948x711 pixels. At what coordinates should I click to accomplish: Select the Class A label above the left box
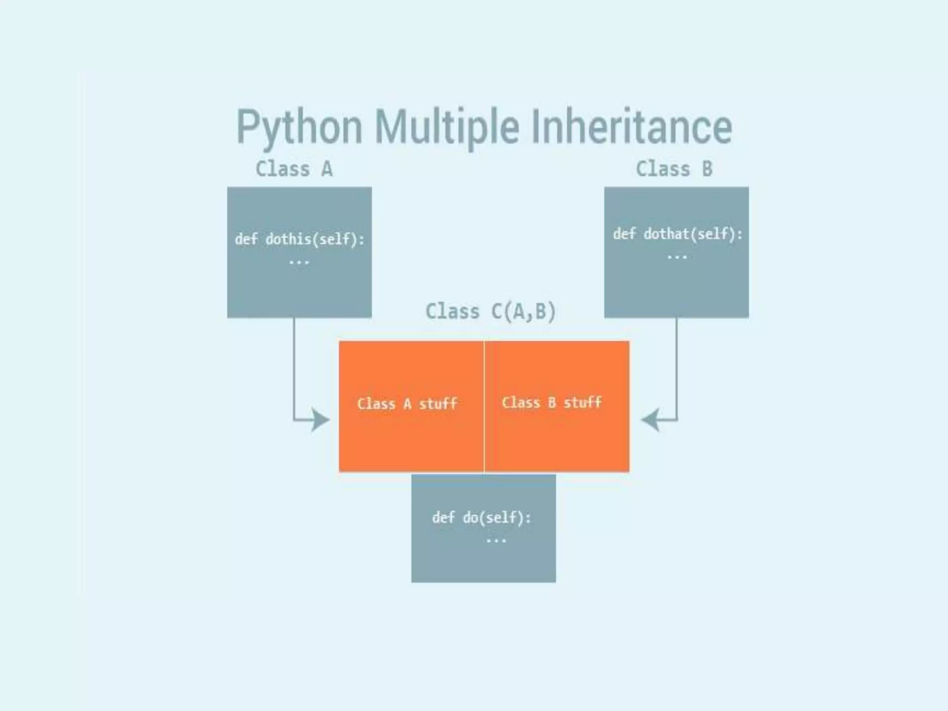[294, 169]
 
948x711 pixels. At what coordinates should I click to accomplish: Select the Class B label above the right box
[674, 169]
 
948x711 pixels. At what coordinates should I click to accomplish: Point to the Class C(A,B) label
[490, 312]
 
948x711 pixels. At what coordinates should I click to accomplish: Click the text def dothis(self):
[299, 239]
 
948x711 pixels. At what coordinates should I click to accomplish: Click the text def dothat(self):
[678, 234]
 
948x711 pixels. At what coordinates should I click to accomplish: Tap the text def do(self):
[481, 518]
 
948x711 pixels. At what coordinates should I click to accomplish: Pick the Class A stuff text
[407, 404]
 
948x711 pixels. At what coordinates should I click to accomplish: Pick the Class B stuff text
[551, 402]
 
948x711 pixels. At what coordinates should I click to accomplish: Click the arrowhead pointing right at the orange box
[320, 420]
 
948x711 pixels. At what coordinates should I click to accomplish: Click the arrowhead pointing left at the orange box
[650, 420]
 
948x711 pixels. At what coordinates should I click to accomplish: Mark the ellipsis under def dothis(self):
[299, 262]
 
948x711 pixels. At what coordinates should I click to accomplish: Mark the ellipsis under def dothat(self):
[677, 257]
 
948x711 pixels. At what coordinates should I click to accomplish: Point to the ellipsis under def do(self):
[496, 540]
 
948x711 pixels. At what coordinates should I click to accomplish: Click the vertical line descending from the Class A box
[294, 366]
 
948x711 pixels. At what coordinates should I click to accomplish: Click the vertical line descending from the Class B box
[677, 366]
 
